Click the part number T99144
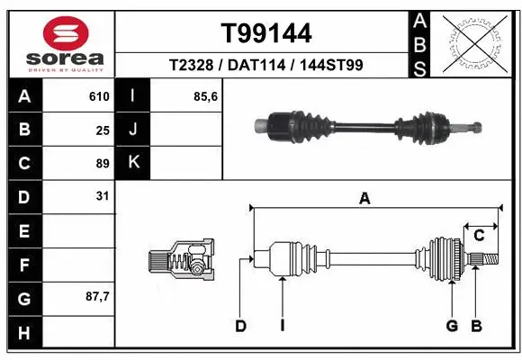point(266,34)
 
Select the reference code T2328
point(194,66)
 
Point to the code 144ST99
point(332,66)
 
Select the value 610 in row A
point(99,96)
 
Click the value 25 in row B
point(103,130)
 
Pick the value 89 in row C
point(103,164)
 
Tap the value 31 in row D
point(103,196)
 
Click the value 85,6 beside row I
point(206,96)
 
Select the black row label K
point(134,163)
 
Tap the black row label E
point(24,231)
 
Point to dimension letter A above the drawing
point(364,199)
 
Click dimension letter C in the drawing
point(480,236)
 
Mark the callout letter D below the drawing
point(240,326)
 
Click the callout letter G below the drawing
point(452,326)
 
